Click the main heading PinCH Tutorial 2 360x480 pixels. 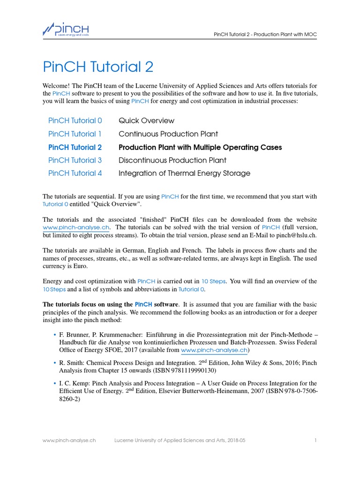98,67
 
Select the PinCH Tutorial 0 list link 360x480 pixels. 75,120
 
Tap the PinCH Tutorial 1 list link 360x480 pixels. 75,134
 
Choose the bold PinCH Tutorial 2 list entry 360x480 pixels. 75,147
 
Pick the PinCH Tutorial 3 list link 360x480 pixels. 75,160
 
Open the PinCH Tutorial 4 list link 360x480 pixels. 75,173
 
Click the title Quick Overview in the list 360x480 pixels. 146,120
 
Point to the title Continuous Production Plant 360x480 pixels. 168,134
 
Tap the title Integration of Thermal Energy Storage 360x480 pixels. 184,173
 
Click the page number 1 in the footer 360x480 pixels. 316,441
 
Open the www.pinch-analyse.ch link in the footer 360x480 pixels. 69,441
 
